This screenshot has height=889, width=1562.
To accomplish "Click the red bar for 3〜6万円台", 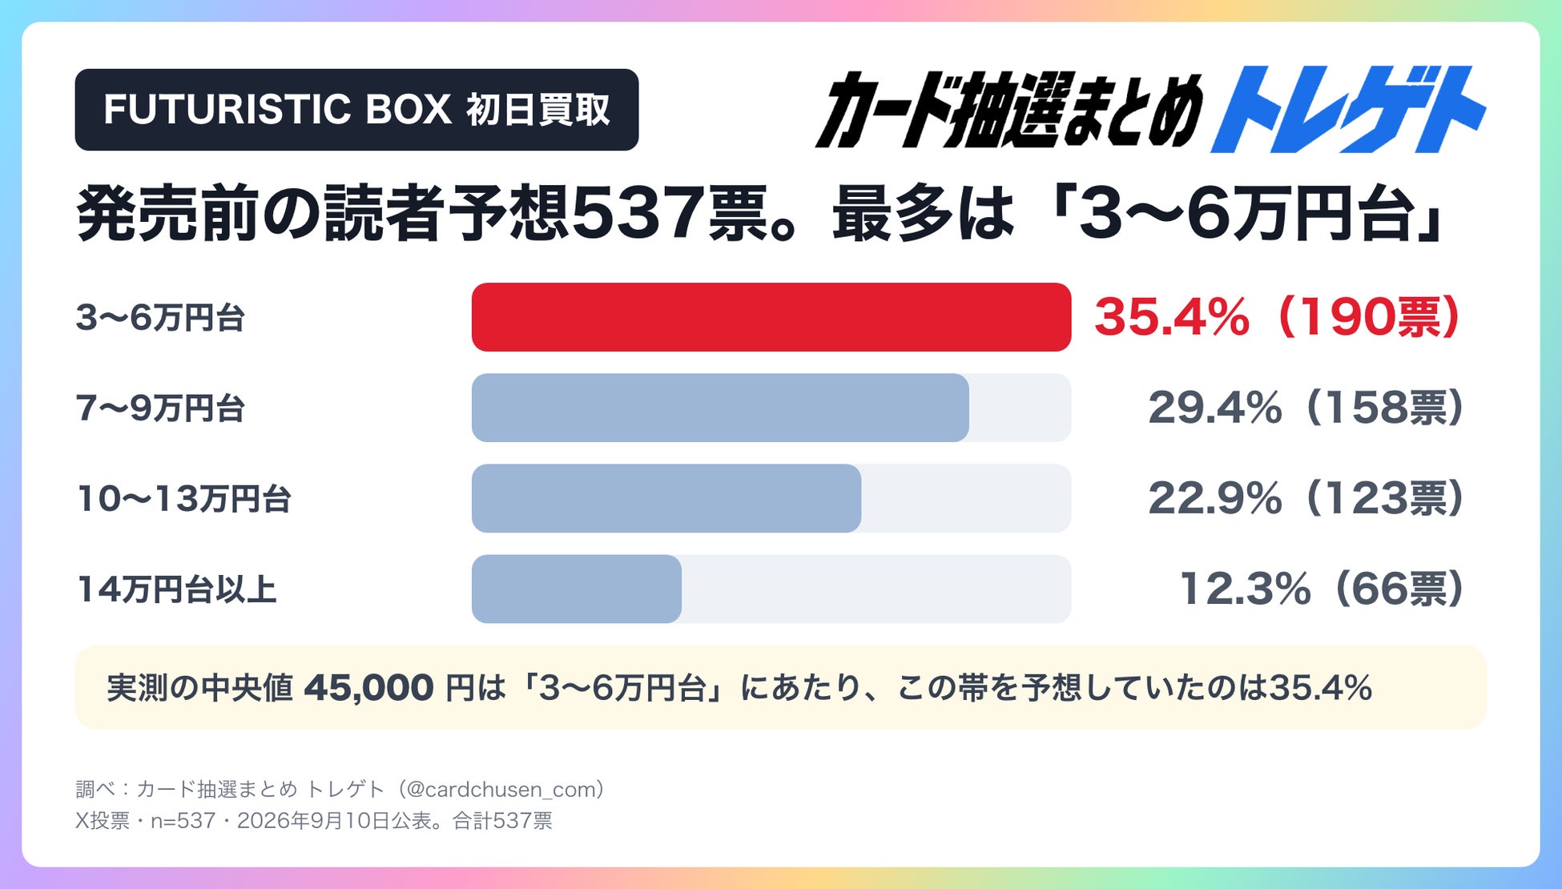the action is (x=771, y=317).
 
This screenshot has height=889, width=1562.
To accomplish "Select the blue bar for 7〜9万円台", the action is (x=720, y=408).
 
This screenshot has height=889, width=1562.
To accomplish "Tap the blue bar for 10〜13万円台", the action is (x=666, y=498).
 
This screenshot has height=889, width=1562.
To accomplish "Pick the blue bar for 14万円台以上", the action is (x=577, y=589).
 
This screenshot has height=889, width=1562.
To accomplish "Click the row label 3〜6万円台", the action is (x=160, y=318).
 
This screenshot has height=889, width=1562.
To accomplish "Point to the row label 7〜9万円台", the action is (x=160, y=408).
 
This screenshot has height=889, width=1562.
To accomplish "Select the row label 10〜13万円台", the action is (x=183, y=499).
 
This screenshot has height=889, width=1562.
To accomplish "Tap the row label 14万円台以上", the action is (x=176, y=589).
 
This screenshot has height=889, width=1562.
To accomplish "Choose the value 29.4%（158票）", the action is (x=1306, y=408).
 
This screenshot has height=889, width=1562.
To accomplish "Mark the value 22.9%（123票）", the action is (x=1306, y=498).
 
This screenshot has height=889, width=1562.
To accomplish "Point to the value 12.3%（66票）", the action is (x=1322, y=589).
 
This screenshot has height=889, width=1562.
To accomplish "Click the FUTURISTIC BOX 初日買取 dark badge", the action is (x=356, y=110).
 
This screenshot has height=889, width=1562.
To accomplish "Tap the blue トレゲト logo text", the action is (x=1349, y=110).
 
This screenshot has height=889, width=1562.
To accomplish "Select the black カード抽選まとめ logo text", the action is (x=1009, y=111).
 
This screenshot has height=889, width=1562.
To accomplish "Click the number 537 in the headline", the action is (x=638, y=215).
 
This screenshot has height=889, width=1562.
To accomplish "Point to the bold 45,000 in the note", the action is (x=368, y=688).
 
